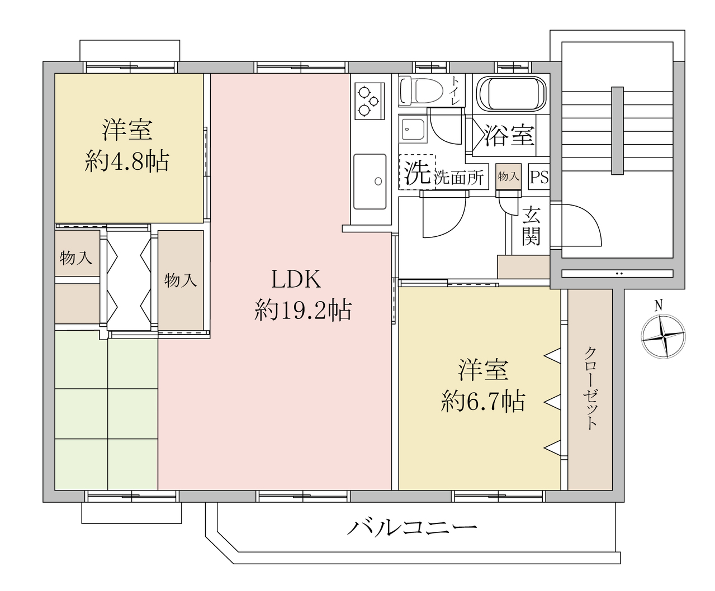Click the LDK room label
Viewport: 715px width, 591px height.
click(x=296, y=279)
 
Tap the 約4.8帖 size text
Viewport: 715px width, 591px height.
click(x=127, y=161)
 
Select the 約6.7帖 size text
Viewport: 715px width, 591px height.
click(x=483, y=402)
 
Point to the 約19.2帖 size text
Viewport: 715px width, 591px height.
click(x=303, y=311)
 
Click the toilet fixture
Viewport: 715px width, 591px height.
click(x=421, y=90)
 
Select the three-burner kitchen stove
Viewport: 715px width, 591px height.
click(x=370, y=101)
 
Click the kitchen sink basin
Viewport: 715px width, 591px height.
click(x=370, y=182)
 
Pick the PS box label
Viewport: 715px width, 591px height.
click(x=539, y=177)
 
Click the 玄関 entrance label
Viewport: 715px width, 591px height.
click(x=531, y=226)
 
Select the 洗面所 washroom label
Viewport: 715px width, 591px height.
click(x=459, y=178)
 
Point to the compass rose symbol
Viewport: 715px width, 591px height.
click(x=664, y=337)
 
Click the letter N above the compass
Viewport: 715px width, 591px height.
click(x=659, y=306)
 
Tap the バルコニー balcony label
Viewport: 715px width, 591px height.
click(x=412, y=527)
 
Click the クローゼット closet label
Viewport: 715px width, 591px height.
click(x=591, y=388)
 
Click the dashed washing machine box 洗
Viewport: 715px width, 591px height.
click(x=417, y=172)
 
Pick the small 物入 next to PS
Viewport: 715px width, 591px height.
click(x=509, y=177)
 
